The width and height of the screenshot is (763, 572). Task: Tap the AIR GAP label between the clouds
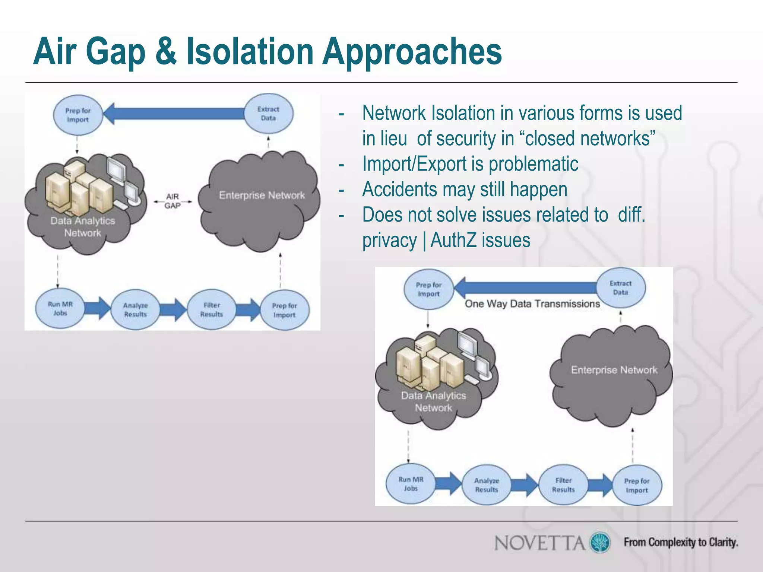click(x=172, y=201)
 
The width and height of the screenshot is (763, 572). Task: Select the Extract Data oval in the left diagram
click(x=268, y=114)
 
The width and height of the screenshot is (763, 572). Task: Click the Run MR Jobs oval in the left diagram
click(x=60, y=309)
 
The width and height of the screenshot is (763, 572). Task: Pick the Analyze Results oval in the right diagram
click(x=487, y=485)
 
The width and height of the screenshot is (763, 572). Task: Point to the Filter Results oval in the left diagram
click(x=212, y=309)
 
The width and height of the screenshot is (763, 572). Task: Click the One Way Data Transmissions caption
click(x=532, y=304)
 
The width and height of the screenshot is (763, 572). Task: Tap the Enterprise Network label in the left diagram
click(x=262, y=196)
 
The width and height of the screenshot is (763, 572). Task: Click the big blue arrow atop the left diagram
click(x=175, y=114)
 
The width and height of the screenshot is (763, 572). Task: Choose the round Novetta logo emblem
click(x=600, y=542)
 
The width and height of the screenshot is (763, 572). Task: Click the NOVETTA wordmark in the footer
click(x=539, y=543)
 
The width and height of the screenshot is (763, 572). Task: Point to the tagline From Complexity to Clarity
click(x=681, y=542)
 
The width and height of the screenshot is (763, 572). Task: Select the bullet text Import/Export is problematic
click(x=470, y=164)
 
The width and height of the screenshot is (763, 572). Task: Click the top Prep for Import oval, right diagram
click(x=428, y=289)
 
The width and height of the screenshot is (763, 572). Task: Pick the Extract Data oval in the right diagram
click(x=621, y=287)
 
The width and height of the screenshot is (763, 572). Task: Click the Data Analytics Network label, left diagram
click(x=83, y=227)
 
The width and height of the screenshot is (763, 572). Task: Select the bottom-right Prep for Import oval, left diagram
click(x=285, y=310)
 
